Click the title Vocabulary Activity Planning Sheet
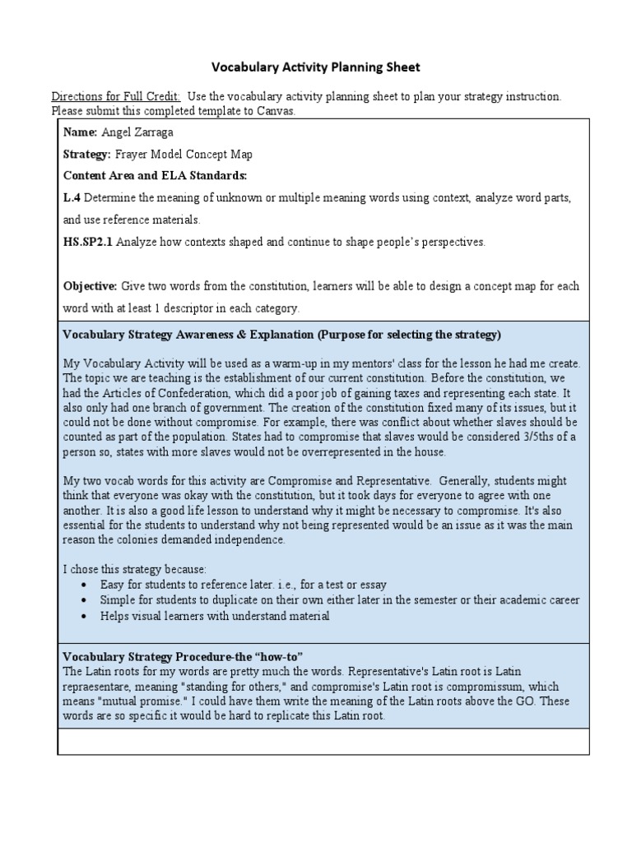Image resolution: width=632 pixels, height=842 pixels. pos(317,66)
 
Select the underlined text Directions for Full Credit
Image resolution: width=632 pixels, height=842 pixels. pos(116,96)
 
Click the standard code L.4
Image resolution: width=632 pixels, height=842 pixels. pos(72,198)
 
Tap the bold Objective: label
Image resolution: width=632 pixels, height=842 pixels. pos(91,286)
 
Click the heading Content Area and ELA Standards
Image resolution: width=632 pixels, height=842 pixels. pos(155,176)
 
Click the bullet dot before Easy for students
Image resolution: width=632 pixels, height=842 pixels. pos(86,585)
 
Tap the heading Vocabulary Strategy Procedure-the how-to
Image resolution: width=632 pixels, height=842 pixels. pos(184,656)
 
